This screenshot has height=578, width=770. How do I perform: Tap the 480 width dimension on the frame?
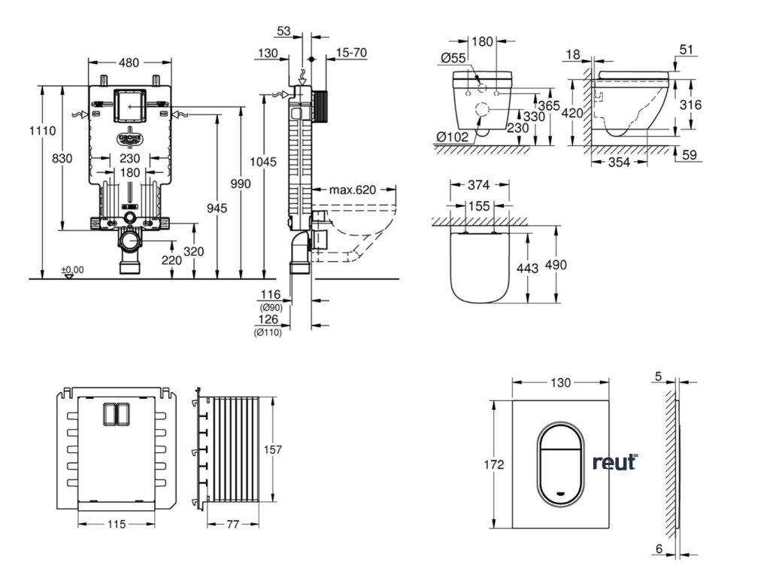[x=129, y=63]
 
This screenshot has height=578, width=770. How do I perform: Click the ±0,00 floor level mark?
[x=72, y=269]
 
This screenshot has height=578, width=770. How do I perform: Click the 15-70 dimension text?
[x=351, y=53]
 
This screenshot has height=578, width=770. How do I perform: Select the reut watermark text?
[x=614, y=462]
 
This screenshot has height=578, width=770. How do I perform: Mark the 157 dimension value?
[x=272, y=449]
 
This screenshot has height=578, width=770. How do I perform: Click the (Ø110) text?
[x=268, y=333]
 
